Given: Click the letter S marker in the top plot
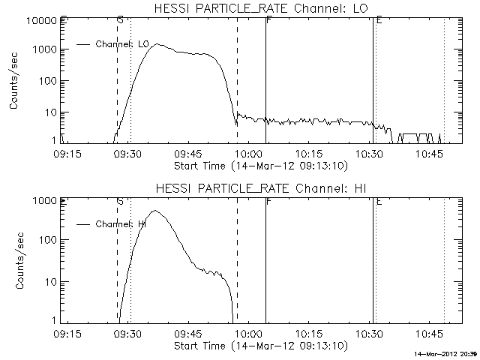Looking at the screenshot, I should pos(120,21).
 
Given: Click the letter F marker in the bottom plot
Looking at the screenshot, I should pos(268,202).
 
